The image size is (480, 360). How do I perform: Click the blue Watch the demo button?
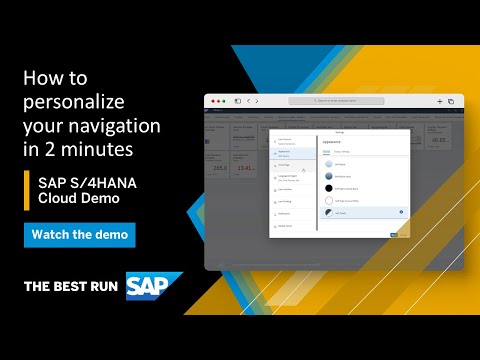(x=79, y=235)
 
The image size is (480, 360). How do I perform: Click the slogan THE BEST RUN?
(x=70, y=287)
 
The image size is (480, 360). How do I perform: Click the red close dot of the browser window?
(x=210, y=101)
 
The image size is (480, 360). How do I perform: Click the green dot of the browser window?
(x=225, y=101)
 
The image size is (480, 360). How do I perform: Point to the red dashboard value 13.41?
(x=247, y=168)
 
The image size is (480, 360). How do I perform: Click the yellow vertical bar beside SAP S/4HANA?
(x=27, y=189)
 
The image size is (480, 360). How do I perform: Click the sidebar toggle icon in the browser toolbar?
(x=238, y=101)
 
